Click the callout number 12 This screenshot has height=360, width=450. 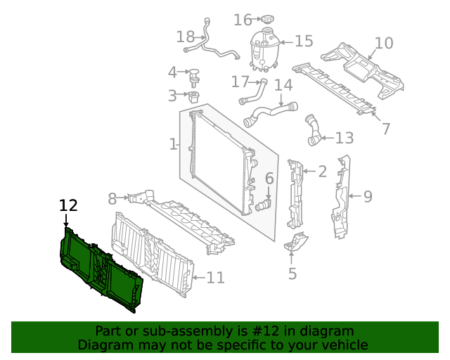[x=68, y=206]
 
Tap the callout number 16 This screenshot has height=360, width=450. [x=243, y=20]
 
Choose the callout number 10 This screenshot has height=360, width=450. [x=384, y=44]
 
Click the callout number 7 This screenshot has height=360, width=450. [x=385, y=129]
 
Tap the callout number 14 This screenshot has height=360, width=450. [x=283, y=86]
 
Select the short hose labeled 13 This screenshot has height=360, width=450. [x=313, y=131]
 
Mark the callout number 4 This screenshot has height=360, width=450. [x=172, y=72]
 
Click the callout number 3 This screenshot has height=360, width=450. [x=172, y=96]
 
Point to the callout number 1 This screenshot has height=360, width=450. [x=173, y=145]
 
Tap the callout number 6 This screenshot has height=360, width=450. [x=269, y=179]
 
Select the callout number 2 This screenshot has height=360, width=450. [x=322, y=171]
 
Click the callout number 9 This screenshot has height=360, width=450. [x=368, y=197]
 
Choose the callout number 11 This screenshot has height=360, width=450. [x=215, y=278]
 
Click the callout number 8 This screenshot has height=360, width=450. [x=112, y=199]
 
